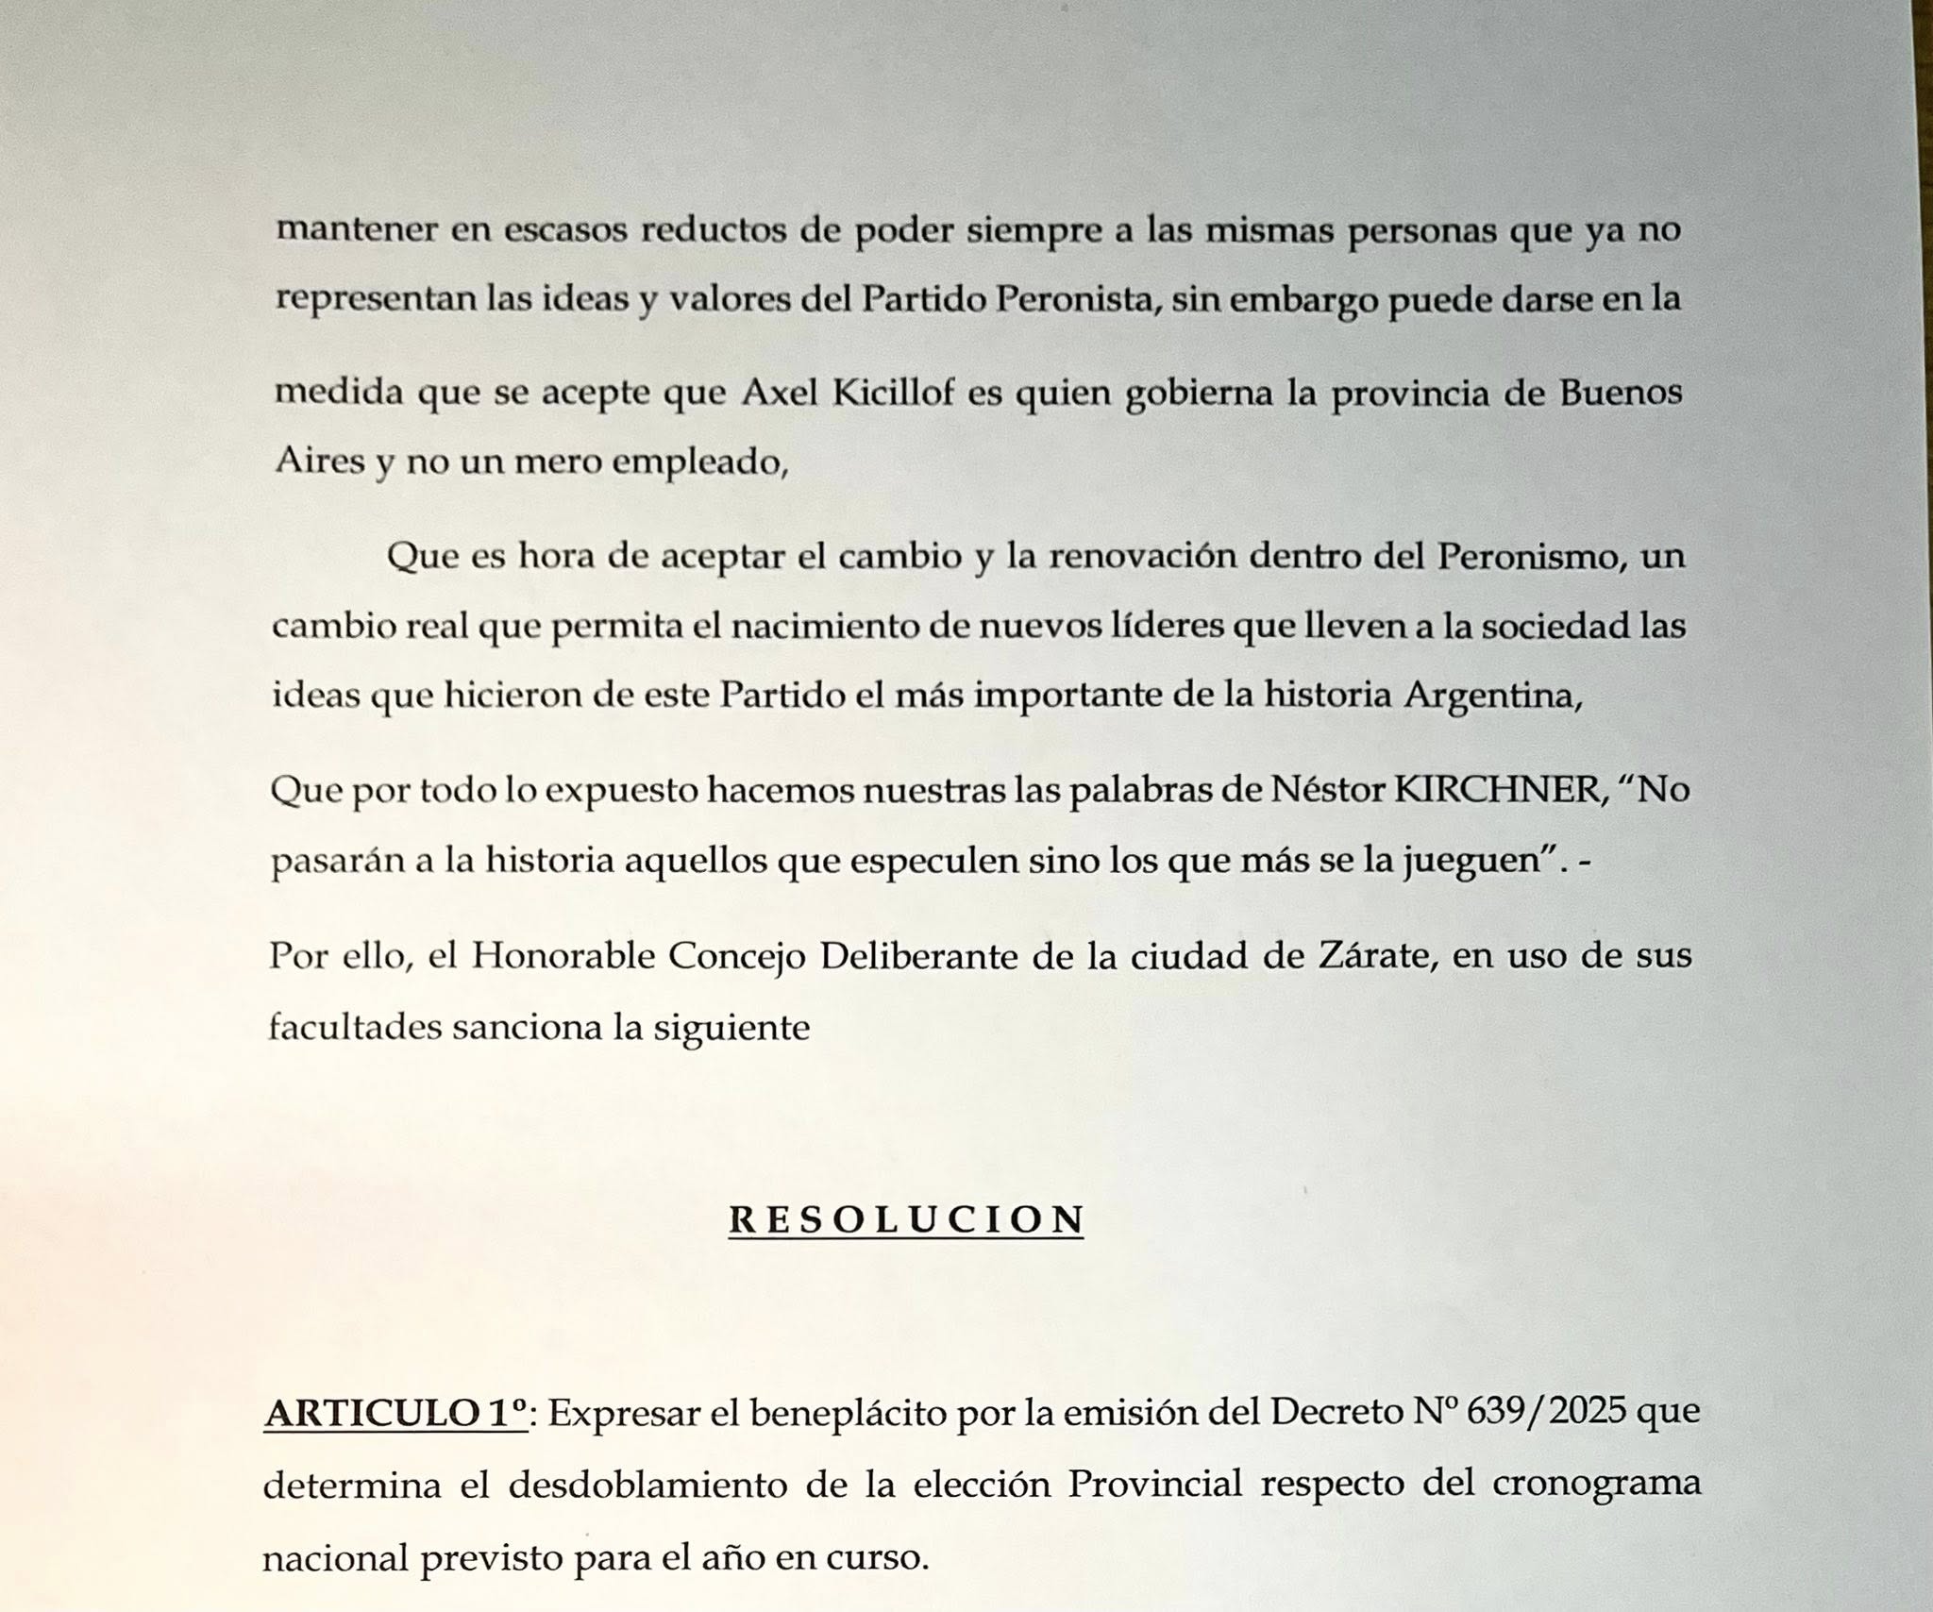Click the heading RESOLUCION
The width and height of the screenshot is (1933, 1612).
click(906, 1220)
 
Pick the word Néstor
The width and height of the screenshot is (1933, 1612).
click(1329, 790)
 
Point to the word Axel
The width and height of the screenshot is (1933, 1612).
click(780, 393)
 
